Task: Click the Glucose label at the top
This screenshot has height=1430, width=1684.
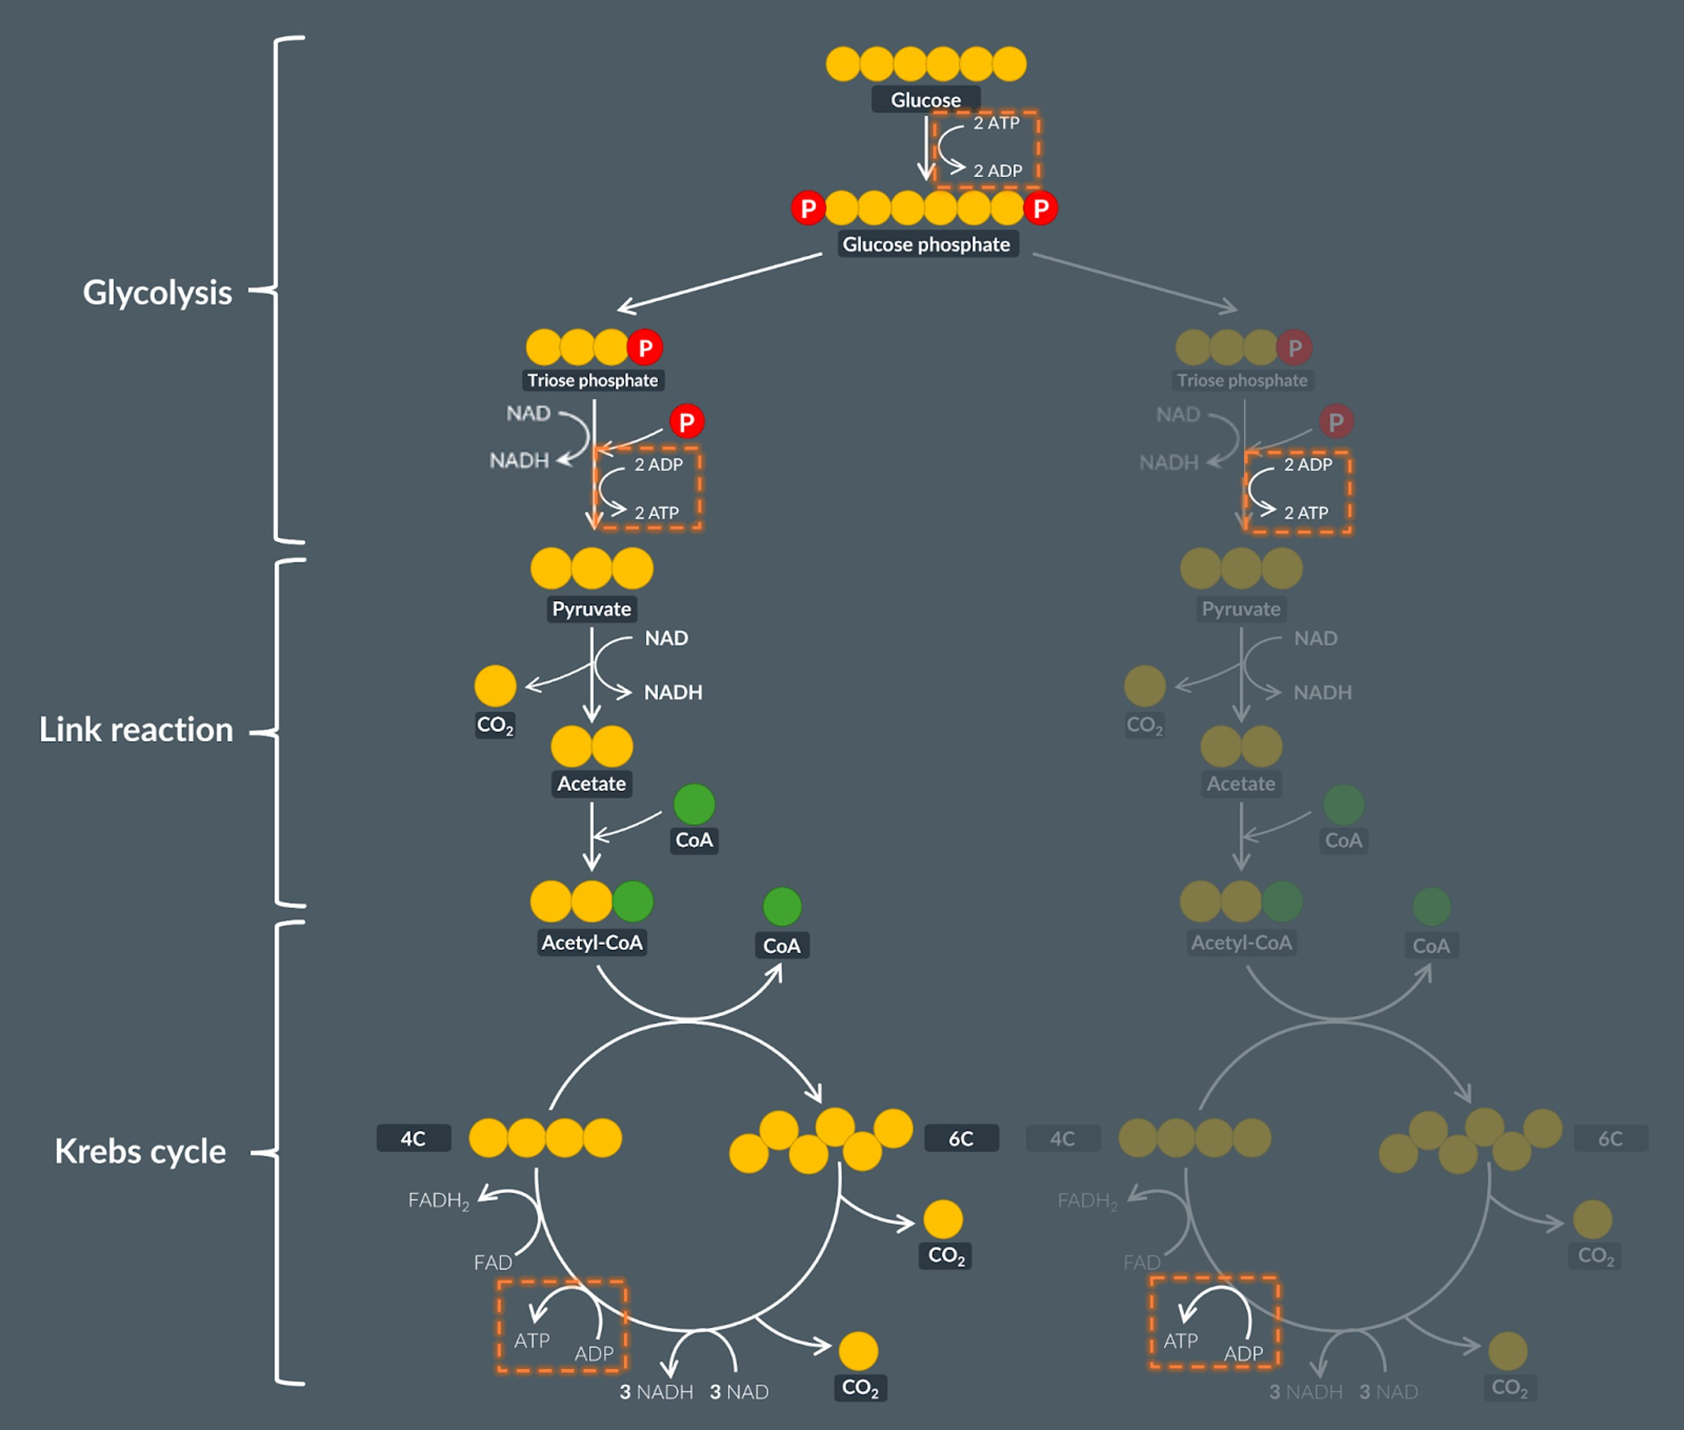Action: (925, 100)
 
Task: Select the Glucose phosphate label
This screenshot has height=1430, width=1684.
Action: (926, 244)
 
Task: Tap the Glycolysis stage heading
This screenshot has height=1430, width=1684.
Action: (157, 292)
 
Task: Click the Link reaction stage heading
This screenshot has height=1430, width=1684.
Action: (136, 729)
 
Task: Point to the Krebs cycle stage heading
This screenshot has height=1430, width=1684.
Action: (141, 1151)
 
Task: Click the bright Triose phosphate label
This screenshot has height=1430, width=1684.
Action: (592, 380)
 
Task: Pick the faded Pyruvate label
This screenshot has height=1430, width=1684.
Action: (1241, 609)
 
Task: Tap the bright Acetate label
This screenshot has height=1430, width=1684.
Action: (591, 784)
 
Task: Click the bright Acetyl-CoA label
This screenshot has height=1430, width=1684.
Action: (592, 943)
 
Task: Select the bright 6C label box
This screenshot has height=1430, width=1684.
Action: (961, 1138)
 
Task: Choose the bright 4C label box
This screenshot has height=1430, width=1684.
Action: (413, 1138)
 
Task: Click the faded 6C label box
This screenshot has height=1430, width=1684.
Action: (1610, 1138)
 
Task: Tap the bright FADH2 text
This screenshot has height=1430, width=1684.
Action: (439, 1201)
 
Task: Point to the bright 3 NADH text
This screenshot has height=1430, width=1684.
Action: (656, 1392)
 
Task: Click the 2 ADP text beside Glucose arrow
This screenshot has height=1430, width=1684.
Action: (997, 171)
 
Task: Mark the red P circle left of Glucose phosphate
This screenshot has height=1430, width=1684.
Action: (808, 208)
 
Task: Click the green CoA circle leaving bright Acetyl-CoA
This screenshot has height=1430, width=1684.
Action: (782, 906)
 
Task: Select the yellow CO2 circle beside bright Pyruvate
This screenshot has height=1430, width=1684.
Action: (496, 686)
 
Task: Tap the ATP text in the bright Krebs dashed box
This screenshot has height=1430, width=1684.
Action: (532, 1341)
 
